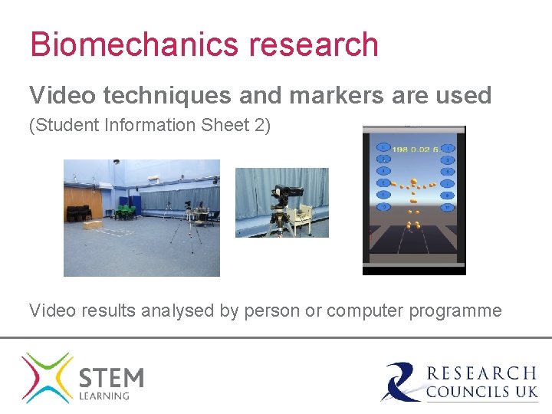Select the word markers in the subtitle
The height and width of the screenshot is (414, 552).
tap(329, 96)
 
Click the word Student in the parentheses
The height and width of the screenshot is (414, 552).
tap(60, 125)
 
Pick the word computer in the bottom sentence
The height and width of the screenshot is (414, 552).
tap(363, 310)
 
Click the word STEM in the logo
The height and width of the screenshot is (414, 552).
tap(111, 377)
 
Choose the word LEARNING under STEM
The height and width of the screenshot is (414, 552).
tap(104, 396)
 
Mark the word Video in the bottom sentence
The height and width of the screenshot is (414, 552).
tap(50, 310)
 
